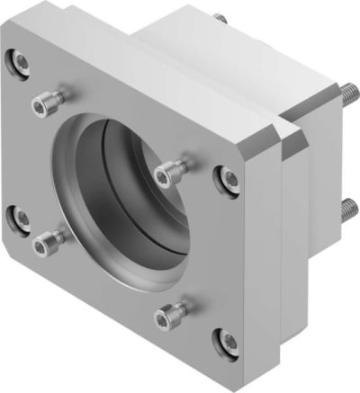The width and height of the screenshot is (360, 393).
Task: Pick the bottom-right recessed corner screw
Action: coord(225,339)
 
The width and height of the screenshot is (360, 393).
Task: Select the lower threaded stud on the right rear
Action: coord(347,212)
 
